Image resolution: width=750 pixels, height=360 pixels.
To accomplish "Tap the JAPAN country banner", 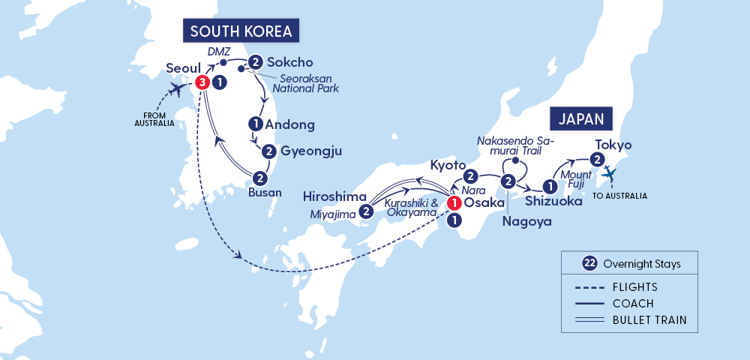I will click(582, 118).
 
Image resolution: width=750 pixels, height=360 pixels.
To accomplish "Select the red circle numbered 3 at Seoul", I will click(201, 82).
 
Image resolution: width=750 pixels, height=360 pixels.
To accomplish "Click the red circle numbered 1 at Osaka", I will click(454, 202).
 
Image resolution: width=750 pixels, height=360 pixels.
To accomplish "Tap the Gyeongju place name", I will click(310, 151).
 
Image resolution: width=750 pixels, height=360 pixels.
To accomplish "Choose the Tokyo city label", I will click(613, 144).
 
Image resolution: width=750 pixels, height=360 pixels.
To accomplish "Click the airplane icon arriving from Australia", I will click(177, 91).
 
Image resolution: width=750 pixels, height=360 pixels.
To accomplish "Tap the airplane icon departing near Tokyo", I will click(611, 174).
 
